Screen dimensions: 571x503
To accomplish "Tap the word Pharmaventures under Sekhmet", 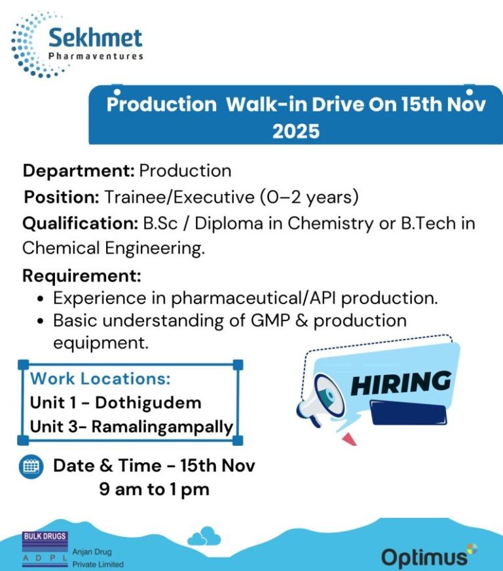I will tap(96, 56).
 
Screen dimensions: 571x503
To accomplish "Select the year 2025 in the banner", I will tap(296, 131).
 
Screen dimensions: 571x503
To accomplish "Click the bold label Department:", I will tap(79, 171).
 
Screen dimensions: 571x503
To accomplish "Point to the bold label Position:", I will tap(62, 196).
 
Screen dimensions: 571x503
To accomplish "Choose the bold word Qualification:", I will tap(81, 223).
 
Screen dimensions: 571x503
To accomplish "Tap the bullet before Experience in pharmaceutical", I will tap(41, 299).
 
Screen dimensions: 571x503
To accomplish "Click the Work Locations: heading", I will tap(100, 378).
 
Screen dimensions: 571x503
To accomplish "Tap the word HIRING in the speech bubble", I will tap(401, 382).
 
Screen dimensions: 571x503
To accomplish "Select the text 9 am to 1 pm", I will tap(155, 489).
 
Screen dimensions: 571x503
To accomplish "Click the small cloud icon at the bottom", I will tap(204, 537).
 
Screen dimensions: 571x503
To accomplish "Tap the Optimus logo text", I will tap(424, 558).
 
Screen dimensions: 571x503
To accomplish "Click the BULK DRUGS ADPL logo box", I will tap(45, 547).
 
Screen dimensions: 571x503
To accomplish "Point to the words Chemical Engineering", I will tap(113, 248).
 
